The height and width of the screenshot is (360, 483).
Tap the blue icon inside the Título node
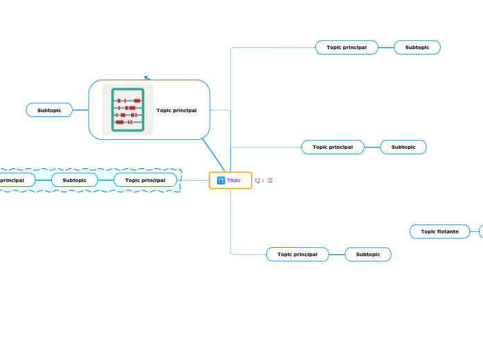221,180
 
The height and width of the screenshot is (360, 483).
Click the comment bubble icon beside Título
258,181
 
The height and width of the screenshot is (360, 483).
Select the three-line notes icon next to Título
270,181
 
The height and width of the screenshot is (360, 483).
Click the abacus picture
128,109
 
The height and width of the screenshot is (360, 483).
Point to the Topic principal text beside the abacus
176,110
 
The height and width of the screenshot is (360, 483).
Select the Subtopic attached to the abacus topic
49,110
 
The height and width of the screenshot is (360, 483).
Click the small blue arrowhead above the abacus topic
147,78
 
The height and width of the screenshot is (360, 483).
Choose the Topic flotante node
439,231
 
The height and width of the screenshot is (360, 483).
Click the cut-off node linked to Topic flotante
481,231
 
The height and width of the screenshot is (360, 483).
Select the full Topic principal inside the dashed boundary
145,180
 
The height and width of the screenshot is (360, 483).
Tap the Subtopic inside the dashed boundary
74,180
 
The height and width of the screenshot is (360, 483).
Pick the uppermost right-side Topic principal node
346,47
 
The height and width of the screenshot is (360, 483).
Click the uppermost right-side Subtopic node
417,47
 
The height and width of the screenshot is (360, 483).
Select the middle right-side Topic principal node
333,147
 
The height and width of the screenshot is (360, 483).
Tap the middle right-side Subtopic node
403,147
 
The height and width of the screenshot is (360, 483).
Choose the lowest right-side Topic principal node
297,254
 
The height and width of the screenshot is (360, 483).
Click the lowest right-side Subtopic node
368,254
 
